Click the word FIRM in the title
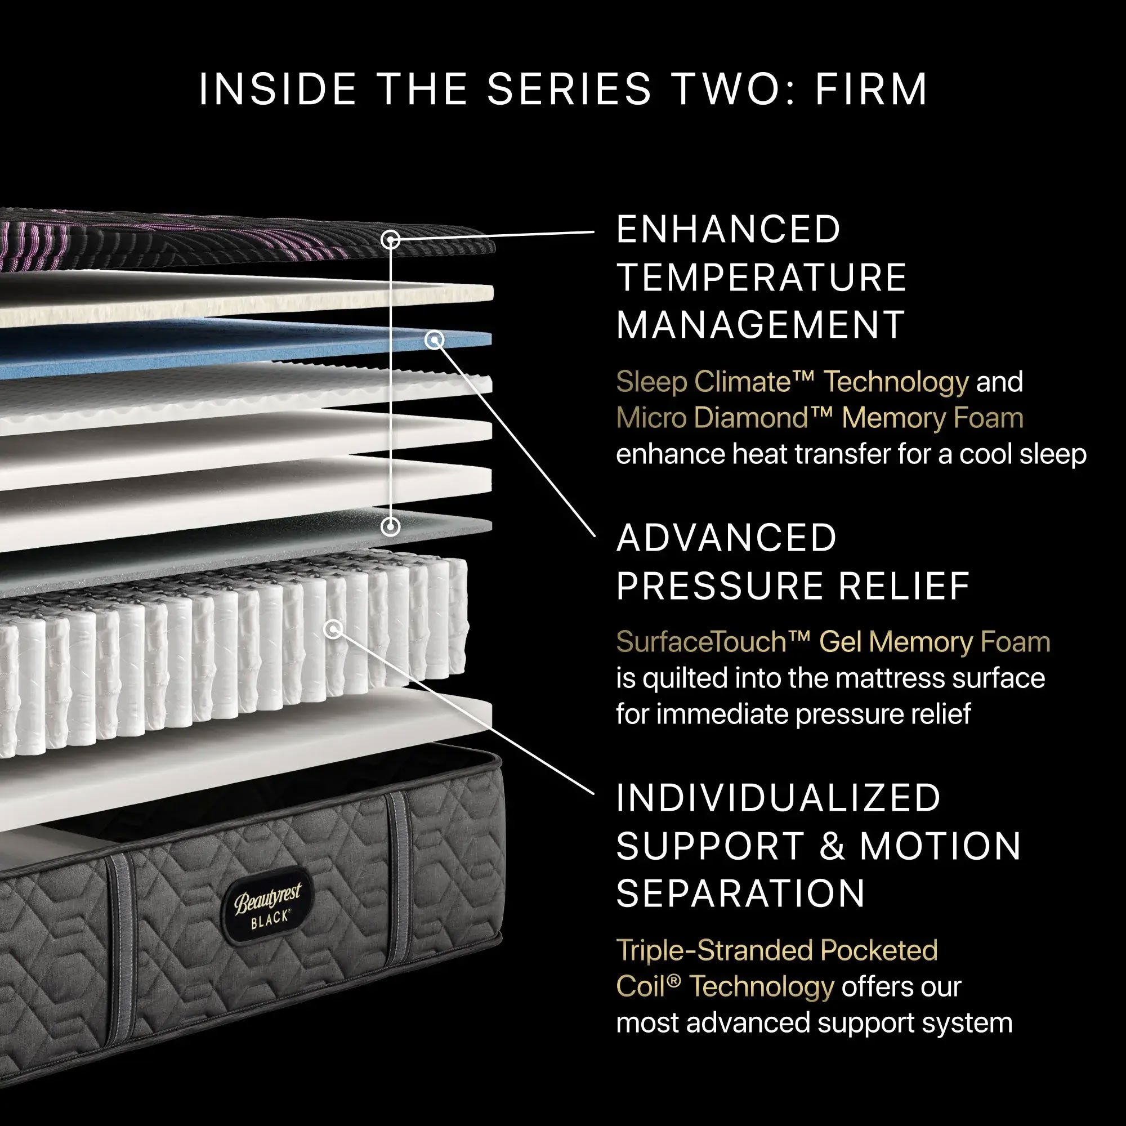[871, 90]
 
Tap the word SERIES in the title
[569, 90]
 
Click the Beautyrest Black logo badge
[268, 904]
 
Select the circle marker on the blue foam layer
[434, 340]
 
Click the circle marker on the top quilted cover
[391, 239]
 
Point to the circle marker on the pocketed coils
[333, 629]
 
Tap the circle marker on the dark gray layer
[391, 527]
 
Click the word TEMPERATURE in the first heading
[761, 278]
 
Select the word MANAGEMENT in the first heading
[760, 325]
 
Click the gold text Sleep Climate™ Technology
[792, 382]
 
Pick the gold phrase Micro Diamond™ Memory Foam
[819, 418]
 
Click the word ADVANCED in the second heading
[726, 538]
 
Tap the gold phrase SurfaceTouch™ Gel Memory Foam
[833, 642]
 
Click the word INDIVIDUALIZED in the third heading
[778, 798]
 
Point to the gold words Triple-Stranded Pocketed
[776, 950]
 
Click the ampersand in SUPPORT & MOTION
[832, 846]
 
